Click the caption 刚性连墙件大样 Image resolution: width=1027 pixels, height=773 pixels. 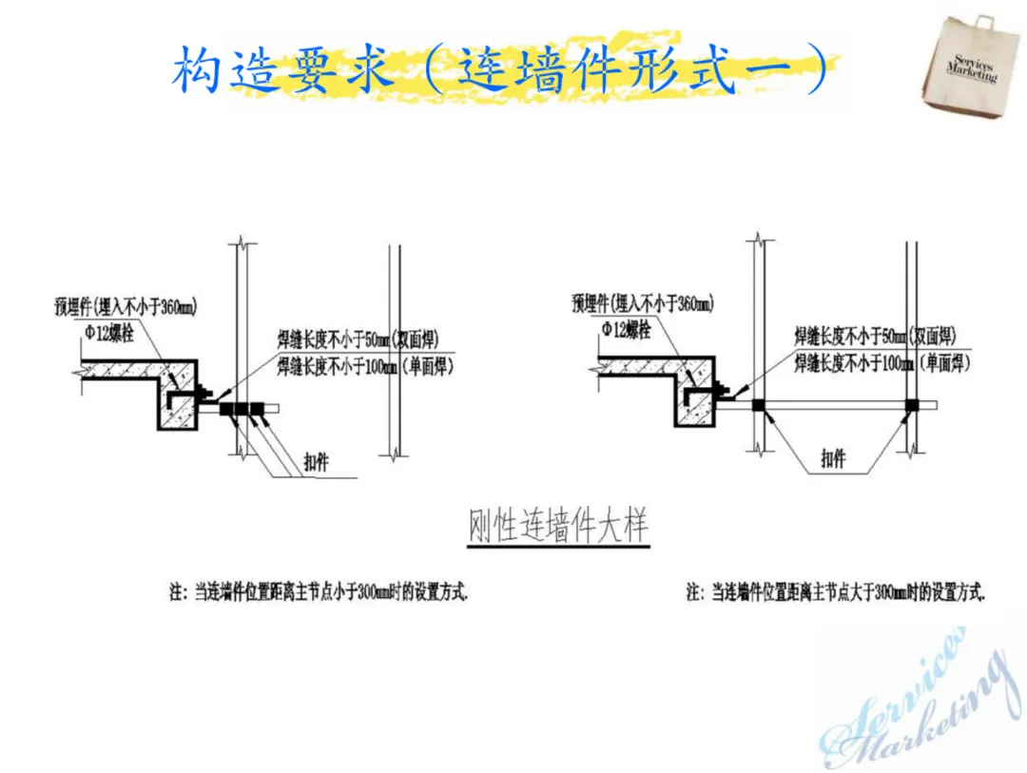[559, 527]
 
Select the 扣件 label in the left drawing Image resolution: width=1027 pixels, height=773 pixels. [319, 458]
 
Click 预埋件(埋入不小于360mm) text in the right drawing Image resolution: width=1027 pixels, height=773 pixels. [643, 304]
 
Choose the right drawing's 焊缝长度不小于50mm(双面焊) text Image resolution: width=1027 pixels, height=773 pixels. [875, 336]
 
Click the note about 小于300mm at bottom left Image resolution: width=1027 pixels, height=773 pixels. [319, 592]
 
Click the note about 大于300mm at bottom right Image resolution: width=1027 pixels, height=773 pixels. [836, 592]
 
